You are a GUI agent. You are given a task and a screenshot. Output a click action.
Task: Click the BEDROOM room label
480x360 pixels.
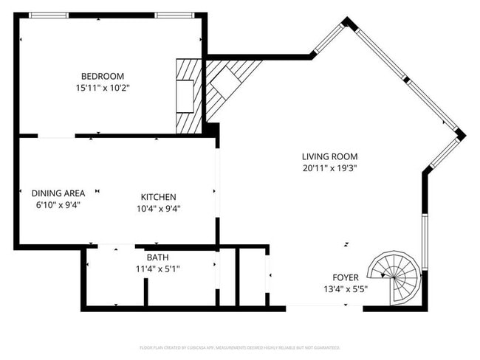click(x=102, y=76)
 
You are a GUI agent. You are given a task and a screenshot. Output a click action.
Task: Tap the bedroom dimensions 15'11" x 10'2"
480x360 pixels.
click(x=102, y=88)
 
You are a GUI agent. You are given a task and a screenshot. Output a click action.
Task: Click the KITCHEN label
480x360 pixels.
click(x=159, y=197)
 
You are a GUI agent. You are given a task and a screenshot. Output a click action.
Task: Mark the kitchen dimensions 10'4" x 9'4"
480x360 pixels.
click(x=159, y=209)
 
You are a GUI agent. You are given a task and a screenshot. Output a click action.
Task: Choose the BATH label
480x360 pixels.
click(x=157, y=257)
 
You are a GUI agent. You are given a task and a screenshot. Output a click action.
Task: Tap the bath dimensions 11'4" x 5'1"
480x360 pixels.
click(x=157, y=269)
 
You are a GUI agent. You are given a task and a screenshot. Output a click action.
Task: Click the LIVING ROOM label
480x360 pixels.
click(x=329, y=156)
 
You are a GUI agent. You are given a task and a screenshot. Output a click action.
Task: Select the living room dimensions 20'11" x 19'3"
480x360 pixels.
click(x=329, y=168)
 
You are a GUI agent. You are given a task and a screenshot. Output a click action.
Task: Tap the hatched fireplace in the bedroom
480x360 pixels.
click(x=188, y=95)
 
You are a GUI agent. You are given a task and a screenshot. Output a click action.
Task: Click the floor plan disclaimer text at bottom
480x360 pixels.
click(x=239, y=347)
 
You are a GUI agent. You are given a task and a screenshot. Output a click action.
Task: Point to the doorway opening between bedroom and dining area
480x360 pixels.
click(x=56, y=136)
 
